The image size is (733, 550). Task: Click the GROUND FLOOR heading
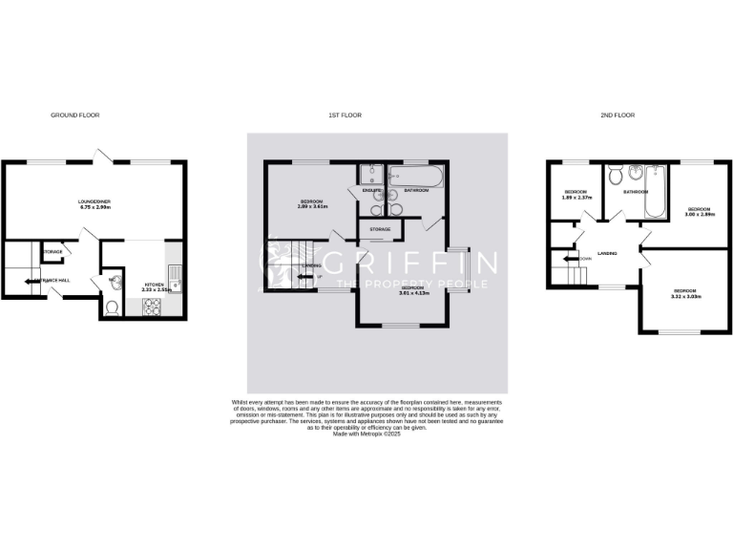click(x=74, y=115)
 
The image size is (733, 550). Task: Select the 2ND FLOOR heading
click(x=618, y=115)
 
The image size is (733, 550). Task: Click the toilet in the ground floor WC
click(x=112, y=307)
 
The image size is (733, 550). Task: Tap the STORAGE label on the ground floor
click(x=52, y=252)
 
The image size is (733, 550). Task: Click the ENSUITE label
click(x=370, y=191)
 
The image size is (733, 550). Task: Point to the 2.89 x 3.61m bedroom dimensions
click(x=314, y=206)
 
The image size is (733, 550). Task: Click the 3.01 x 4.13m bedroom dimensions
click(x=413, y=293)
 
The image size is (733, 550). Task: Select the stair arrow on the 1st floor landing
click(x=304, y=277)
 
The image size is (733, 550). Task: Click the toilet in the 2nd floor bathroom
click(x=617, y=175)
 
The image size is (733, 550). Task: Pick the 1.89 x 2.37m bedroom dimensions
click(x=577, y=198)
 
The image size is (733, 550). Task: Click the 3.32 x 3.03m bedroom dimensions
click(x=687, y=295)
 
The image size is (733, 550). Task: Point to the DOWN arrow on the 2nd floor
click(x=573, y=258)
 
